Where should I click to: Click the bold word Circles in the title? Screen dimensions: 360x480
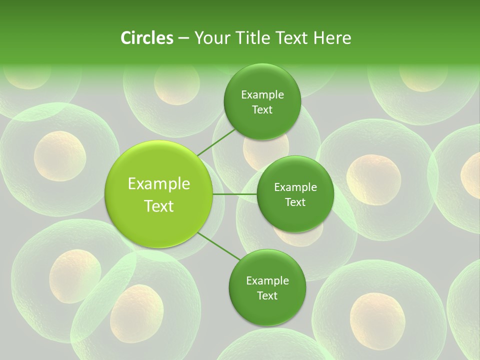[147, 38]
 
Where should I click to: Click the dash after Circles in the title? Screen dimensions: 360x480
[183, 38]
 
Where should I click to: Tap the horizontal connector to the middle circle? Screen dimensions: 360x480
[234, 194]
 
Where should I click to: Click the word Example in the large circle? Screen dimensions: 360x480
[159, 184]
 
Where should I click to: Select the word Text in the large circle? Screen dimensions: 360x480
[159, 206]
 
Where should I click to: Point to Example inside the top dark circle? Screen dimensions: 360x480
[262, 95]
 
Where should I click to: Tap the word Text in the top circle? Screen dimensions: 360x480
[262, 110]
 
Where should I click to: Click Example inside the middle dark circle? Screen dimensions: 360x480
[295, 187]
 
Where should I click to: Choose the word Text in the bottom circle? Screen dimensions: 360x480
[267, 295]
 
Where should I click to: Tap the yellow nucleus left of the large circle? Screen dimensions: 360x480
[60, 155]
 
